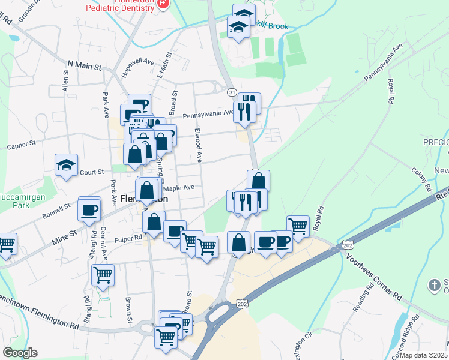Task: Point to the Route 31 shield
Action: pos(232,92)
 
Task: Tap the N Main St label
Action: pos(84,65)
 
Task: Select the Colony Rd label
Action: pos(421,180)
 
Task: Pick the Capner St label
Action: pos(22,145)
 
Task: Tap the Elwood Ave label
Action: pos(199,145)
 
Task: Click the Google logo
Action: pos(20,353)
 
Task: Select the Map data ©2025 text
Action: pos(423,355)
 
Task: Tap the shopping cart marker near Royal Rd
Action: pos(298,226)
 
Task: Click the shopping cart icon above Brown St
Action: pos(103,275)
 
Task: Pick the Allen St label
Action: pos(65,79)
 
